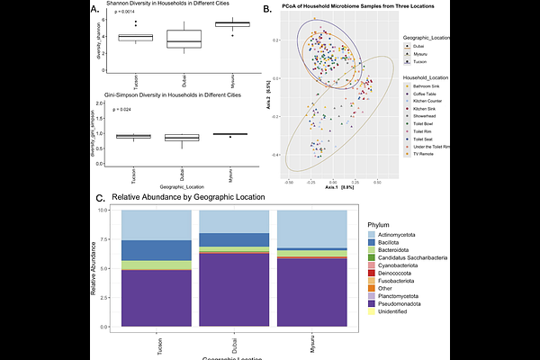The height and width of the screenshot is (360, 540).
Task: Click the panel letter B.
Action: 266,10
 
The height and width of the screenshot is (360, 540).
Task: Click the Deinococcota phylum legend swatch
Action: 372,266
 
